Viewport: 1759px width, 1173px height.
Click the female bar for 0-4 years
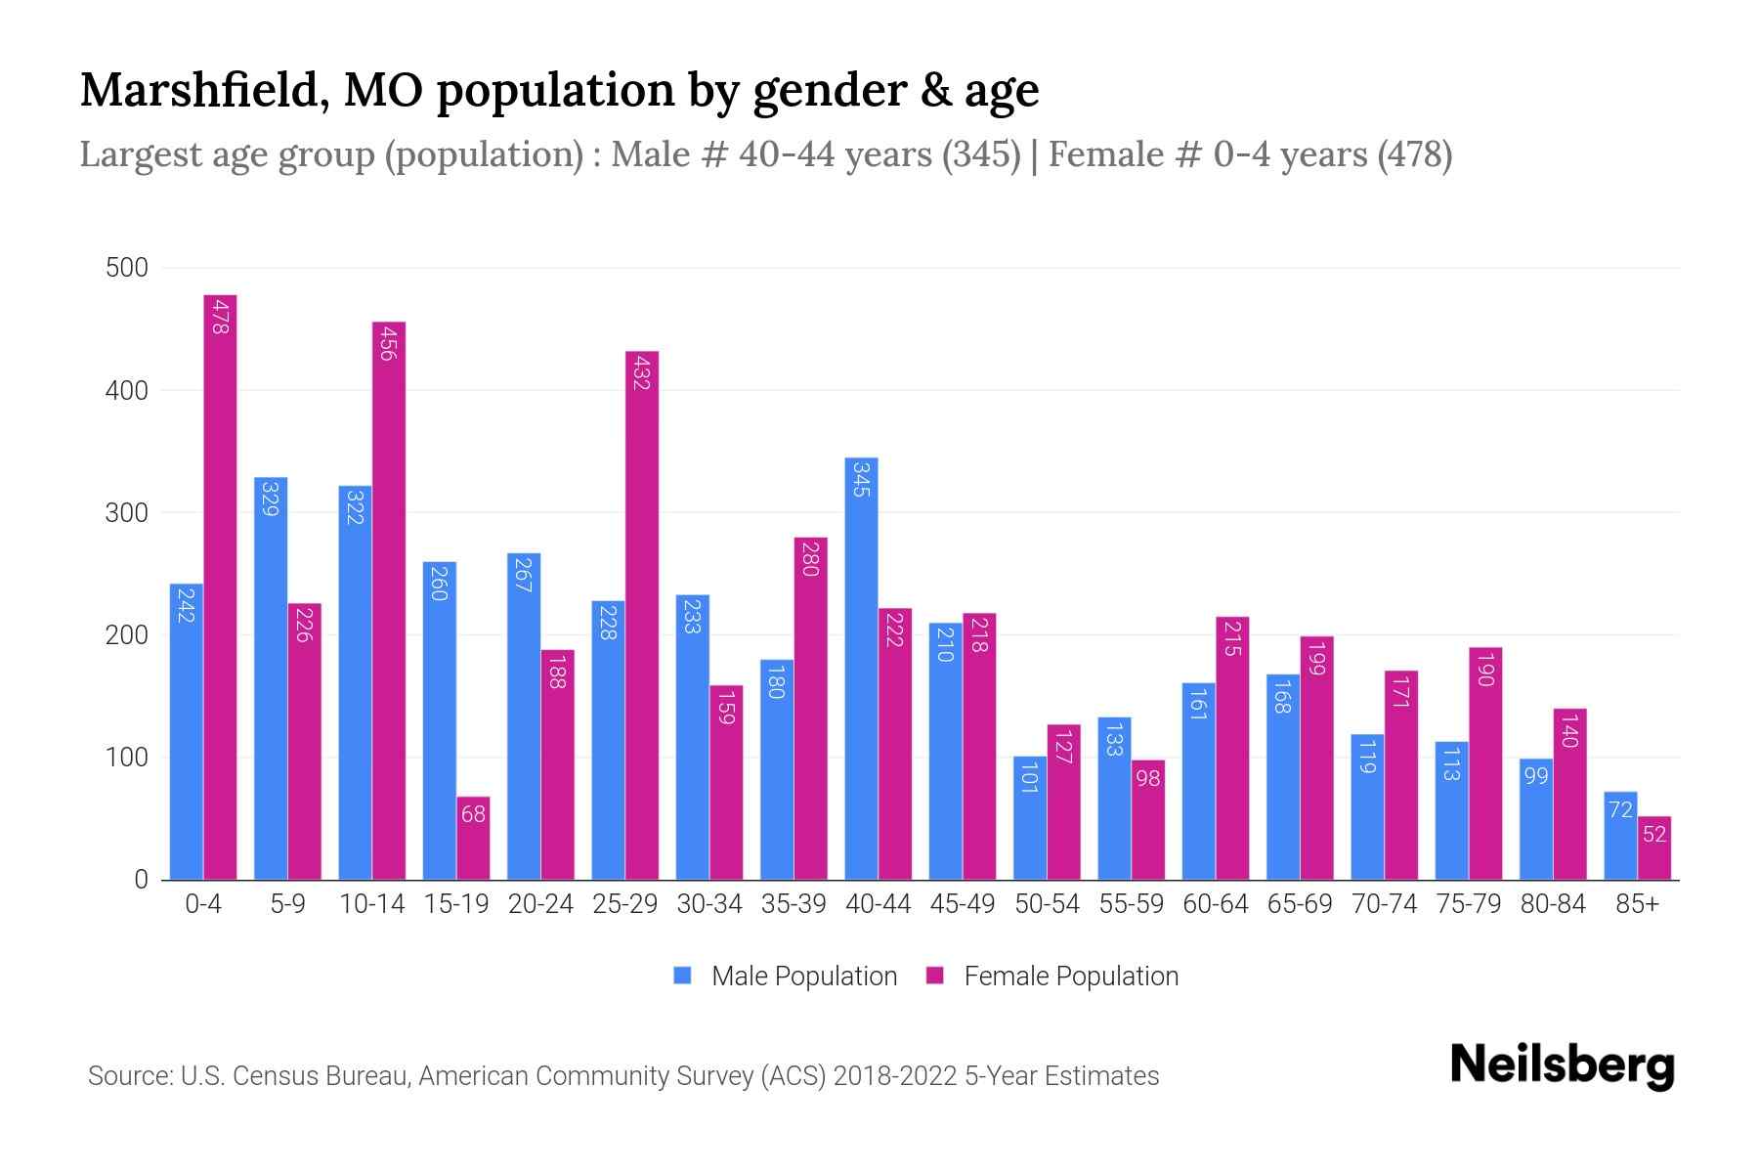220,586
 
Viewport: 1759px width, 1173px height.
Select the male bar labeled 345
861,669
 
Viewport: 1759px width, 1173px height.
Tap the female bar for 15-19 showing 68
473,838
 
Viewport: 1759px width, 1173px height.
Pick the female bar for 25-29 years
641,616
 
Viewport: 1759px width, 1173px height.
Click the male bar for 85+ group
1620,836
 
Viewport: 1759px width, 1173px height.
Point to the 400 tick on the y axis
127,391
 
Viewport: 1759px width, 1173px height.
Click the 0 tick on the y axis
141,880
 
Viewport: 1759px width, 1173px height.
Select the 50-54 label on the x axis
1047,904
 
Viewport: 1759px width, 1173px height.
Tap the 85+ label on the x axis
1637,904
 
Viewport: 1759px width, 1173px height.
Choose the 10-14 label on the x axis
371,904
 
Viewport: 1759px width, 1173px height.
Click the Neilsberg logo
1562,1065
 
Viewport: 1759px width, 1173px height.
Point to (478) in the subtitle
1414,154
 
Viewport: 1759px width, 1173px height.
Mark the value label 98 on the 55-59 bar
1148,779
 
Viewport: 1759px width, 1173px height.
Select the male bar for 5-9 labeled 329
271,678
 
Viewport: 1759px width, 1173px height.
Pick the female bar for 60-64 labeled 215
1232,748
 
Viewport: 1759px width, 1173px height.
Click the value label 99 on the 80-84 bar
1536,776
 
